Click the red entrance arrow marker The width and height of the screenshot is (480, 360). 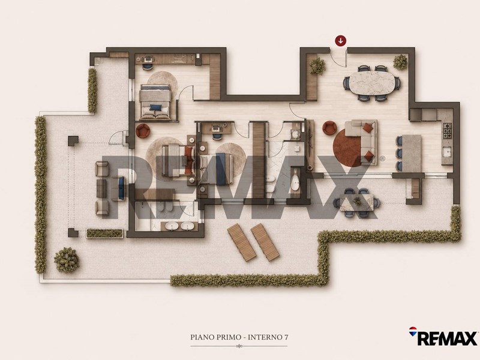(x=340, y=40)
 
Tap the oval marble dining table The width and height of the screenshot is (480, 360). (x=372, y=83)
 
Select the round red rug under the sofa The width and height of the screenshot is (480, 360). (x=350, y=147)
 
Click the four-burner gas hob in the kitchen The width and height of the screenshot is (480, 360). (x=447, y=130)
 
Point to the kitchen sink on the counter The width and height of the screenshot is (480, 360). (x=447, y=152)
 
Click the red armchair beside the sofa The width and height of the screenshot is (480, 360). (x=329, y=128)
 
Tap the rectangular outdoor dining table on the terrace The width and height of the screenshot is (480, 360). (x=356, y=202)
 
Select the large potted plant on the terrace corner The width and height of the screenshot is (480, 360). (x=67, y=260)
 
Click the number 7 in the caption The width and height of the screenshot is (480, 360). (x=286, y=337)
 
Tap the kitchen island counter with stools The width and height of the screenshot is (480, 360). (x=412, y=154)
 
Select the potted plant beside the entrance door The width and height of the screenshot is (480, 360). (x=317, y=65)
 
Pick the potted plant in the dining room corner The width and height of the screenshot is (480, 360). (x=400, y=62)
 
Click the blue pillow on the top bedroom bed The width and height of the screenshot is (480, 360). (x=155, y=107)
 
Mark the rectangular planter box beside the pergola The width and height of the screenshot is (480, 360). (x=104, y=233)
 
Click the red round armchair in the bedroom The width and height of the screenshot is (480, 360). (x=143, y=131)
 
